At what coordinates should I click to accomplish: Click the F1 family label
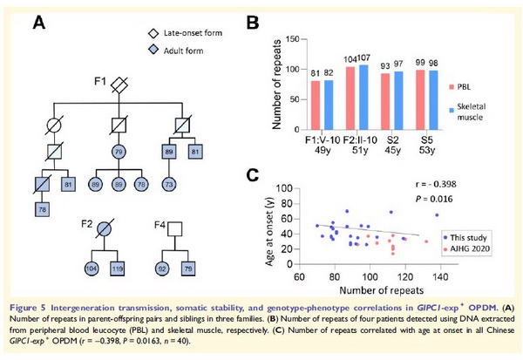click(100, 83)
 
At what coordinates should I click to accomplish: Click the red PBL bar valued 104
click(351, 99)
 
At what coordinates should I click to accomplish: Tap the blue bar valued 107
click(363, 98)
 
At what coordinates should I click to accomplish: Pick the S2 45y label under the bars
click(394, 146)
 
